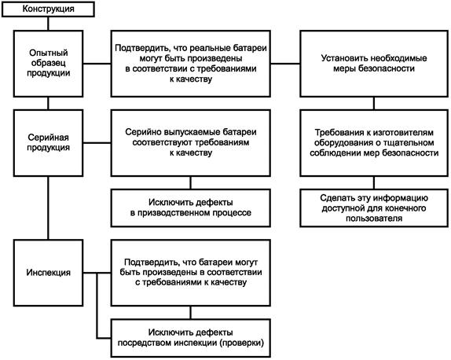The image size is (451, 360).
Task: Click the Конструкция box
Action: (48, 9)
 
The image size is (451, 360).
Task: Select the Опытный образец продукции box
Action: (49, 64)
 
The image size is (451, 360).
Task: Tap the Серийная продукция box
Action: (49, 143)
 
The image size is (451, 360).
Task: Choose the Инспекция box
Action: (49, 273)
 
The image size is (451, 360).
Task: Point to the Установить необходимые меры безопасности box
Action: (374, 64)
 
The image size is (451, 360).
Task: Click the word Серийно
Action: (144, 132)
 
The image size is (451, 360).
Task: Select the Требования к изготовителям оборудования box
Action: (374, 143)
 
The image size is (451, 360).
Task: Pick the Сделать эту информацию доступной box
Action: (374, 208)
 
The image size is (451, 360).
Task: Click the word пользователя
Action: (374, 219)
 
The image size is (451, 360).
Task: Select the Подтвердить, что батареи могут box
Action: (191, 273)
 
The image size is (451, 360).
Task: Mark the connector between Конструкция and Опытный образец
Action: (48, 24)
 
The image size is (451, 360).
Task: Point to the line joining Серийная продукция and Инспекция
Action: (48, 208)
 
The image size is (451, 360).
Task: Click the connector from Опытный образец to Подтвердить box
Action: (97, 64)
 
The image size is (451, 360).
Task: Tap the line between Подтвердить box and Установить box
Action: (285, 64)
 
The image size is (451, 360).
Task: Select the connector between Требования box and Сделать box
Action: (374, 182)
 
